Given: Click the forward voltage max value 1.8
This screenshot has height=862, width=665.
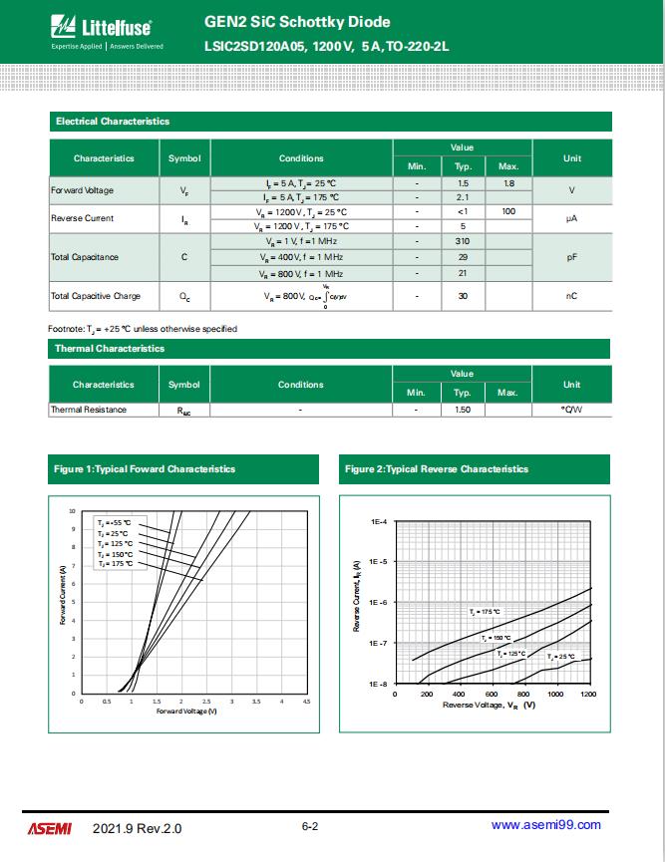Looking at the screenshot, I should pyautogui.click(x=508, y=184).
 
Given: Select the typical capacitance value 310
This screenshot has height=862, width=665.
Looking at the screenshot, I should pyautogui.click(x=463, y=242).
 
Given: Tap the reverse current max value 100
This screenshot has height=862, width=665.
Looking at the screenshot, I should pyautogui.click(x=508, y=212).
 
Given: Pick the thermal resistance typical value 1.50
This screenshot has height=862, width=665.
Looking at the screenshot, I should pyautogui.click(x=463, y=410).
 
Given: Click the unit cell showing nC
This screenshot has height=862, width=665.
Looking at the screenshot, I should pyautogui.click(x=572, y=296).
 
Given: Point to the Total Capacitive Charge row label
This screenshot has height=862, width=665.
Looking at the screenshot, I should pyautogui.click(x=96, y=296).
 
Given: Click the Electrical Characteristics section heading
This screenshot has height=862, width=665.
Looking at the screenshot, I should pyautogui.click(x=113, y=122).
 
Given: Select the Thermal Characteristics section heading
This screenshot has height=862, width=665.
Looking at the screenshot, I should pyautogui.click(x=110, y=349).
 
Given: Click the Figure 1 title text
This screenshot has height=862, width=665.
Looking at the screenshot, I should pyautogui.click(x=146, y=468).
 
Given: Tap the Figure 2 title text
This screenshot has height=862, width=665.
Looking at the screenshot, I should pyautogui.click(x=437, y=468).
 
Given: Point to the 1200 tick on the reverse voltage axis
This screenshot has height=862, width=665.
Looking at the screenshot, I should pyautogui.click(x=587, y=694).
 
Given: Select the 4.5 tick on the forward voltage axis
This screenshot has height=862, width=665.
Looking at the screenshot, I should pyautogui.click(x=306, y=703).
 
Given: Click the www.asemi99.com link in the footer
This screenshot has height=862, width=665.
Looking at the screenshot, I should pyautogui.click(x=546, y=825).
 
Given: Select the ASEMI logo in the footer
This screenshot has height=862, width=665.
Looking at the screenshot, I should pyautogui.click(x=49, y=827).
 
